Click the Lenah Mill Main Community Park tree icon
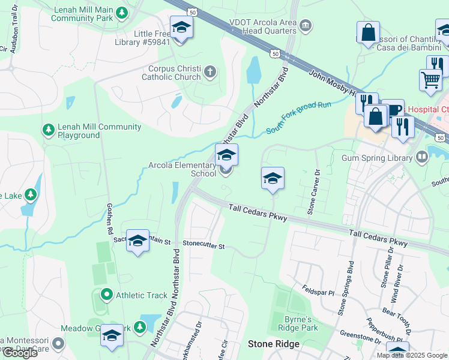122,13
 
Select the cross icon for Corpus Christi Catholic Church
209,73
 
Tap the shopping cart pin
430,79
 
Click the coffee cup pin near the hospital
393,110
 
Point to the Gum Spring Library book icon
422,158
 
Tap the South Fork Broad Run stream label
298,114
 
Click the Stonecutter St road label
203,245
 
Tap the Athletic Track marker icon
106,295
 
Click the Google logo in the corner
19,353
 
